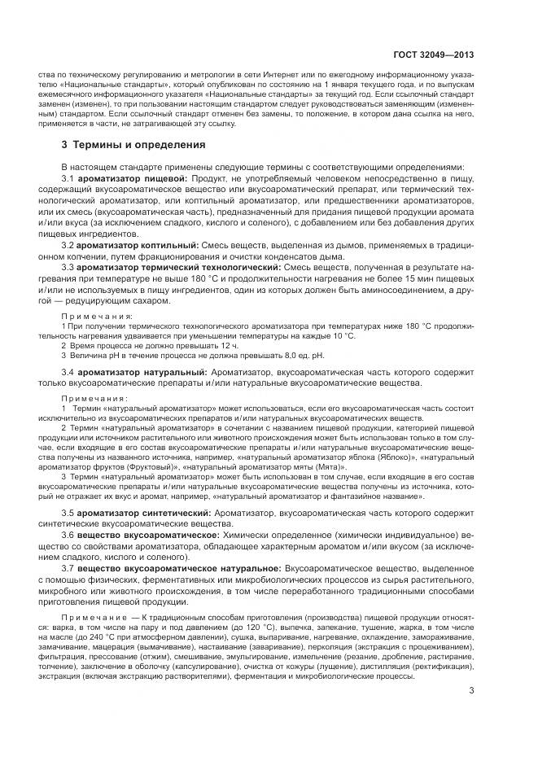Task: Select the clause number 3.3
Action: coord(69,267)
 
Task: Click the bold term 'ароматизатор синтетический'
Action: coord(141,514)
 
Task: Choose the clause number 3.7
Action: coord(69,565)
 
